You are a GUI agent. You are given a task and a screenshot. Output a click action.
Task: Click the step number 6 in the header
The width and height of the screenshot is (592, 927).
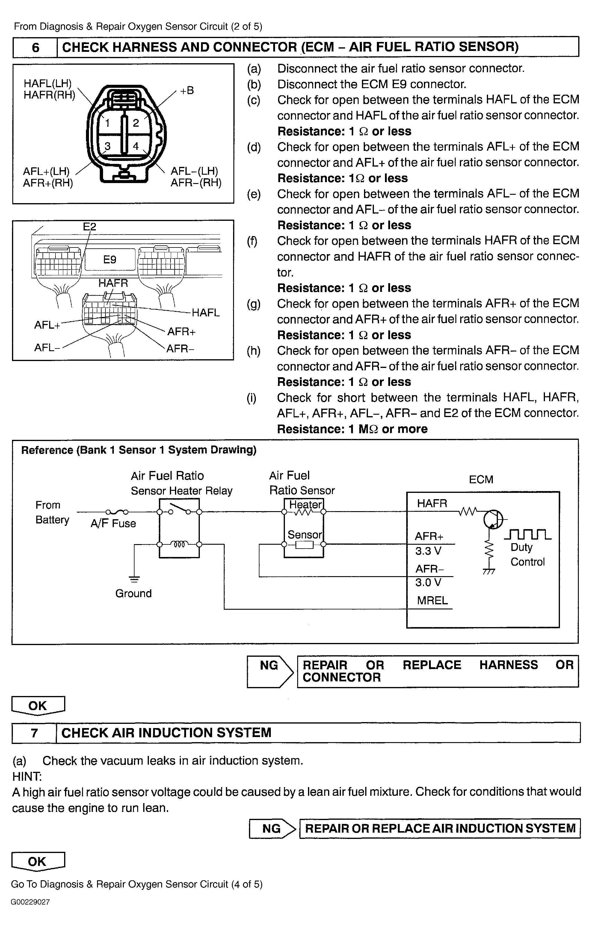coord(35,47)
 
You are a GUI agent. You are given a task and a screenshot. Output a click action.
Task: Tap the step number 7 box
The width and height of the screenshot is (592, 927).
coord(34,732)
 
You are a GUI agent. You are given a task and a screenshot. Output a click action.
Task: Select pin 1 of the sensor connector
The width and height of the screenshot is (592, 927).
coord(108,123)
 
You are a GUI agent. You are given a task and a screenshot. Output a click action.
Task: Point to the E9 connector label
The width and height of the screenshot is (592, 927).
coord(110,259)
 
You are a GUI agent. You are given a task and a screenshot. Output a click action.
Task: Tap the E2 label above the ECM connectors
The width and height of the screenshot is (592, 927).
coord(90,227)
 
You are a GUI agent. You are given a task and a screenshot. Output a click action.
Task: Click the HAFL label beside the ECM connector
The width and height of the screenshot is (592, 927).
coord(206,312)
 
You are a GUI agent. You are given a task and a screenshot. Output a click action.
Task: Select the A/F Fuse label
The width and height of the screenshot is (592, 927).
coord(113,523)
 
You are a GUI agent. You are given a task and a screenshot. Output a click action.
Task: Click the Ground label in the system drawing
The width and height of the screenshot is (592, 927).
coord(134,593)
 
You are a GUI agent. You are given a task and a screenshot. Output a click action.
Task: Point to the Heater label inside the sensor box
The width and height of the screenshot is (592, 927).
coord(305,504)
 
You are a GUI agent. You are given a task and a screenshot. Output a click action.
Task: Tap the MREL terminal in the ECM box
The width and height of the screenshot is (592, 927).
coord(432,600)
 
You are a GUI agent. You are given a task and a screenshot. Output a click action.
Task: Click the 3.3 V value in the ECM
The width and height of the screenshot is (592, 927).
coord(428,551)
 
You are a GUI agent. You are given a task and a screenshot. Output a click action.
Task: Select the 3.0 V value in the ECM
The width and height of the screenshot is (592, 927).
coord(428,582)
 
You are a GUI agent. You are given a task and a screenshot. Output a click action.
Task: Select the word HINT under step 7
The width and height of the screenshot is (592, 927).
coord(27,776)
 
